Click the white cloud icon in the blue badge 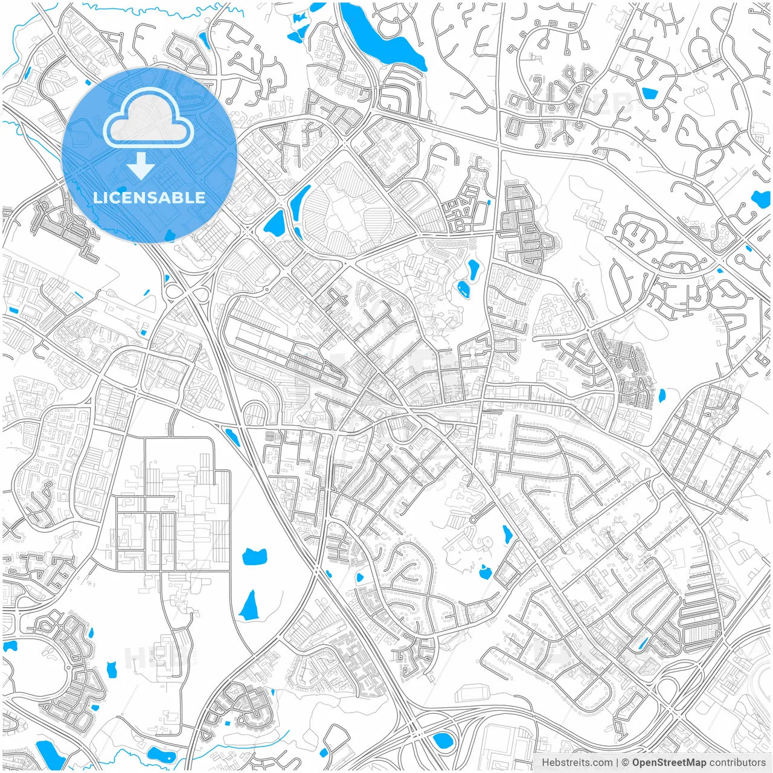coord(149,119)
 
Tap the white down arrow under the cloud coord(141,165)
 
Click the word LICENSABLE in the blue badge coord(149,197)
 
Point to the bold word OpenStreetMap coord(669,763)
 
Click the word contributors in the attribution coord(737,763)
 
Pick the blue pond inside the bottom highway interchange coord(441,739)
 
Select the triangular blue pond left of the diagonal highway coord(249,606)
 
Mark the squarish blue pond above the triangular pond coord(254,556)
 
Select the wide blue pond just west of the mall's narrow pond coord(274,223)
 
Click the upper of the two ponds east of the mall coord(473,269)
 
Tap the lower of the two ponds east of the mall coord(463,289)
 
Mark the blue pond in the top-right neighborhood coord(650,94)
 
